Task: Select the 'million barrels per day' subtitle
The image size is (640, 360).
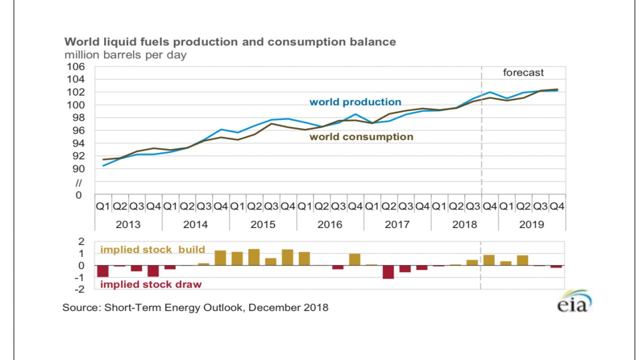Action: point(125,55)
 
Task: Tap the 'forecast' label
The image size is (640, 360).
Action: point(523,73)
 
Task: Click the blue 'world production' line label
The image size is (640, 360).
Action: point(355,102)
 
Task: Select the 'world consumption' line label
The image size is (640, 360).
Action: point(361,137)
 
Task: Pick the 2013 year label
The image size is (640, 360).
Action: point(128,224)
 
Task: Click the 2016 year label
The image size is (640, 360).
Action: point(330,224)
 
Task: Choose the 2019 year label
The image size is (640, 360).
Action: point(531,224)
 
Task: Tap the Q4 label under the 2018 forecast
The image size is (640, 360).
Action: point(490,206)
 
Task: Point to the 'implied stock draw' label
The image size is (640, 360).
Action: point(151,284)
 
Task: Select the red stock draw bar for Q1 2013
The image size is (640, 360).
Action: point(103,270)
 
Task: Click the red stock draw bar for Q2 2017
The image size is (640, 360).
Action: point(388,271)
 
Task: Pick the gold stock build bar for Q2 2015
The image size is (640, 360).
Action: point(254,257)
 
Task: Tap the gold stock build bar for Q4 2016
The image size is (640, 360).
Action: point(354,259)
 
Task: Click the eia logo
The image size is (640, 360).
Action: point(574,302)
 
